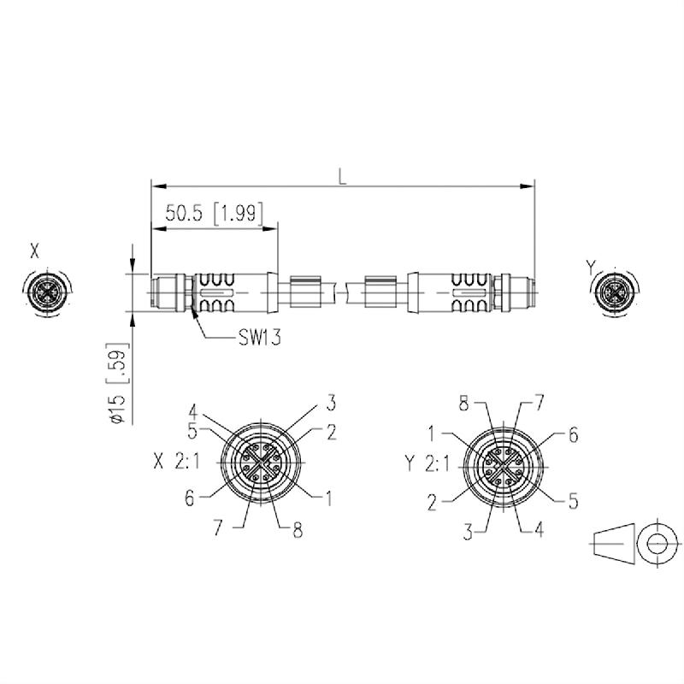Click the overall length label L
(342, 177)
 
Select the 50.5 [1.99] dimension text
(214, 214)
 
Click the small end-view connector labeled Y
(614, 292)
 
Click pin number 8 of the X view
(297, 530)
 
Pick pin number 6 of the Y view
(573, 435)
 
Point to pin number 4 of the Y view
(539, 530)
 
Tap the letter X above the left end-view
(34, 251)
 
